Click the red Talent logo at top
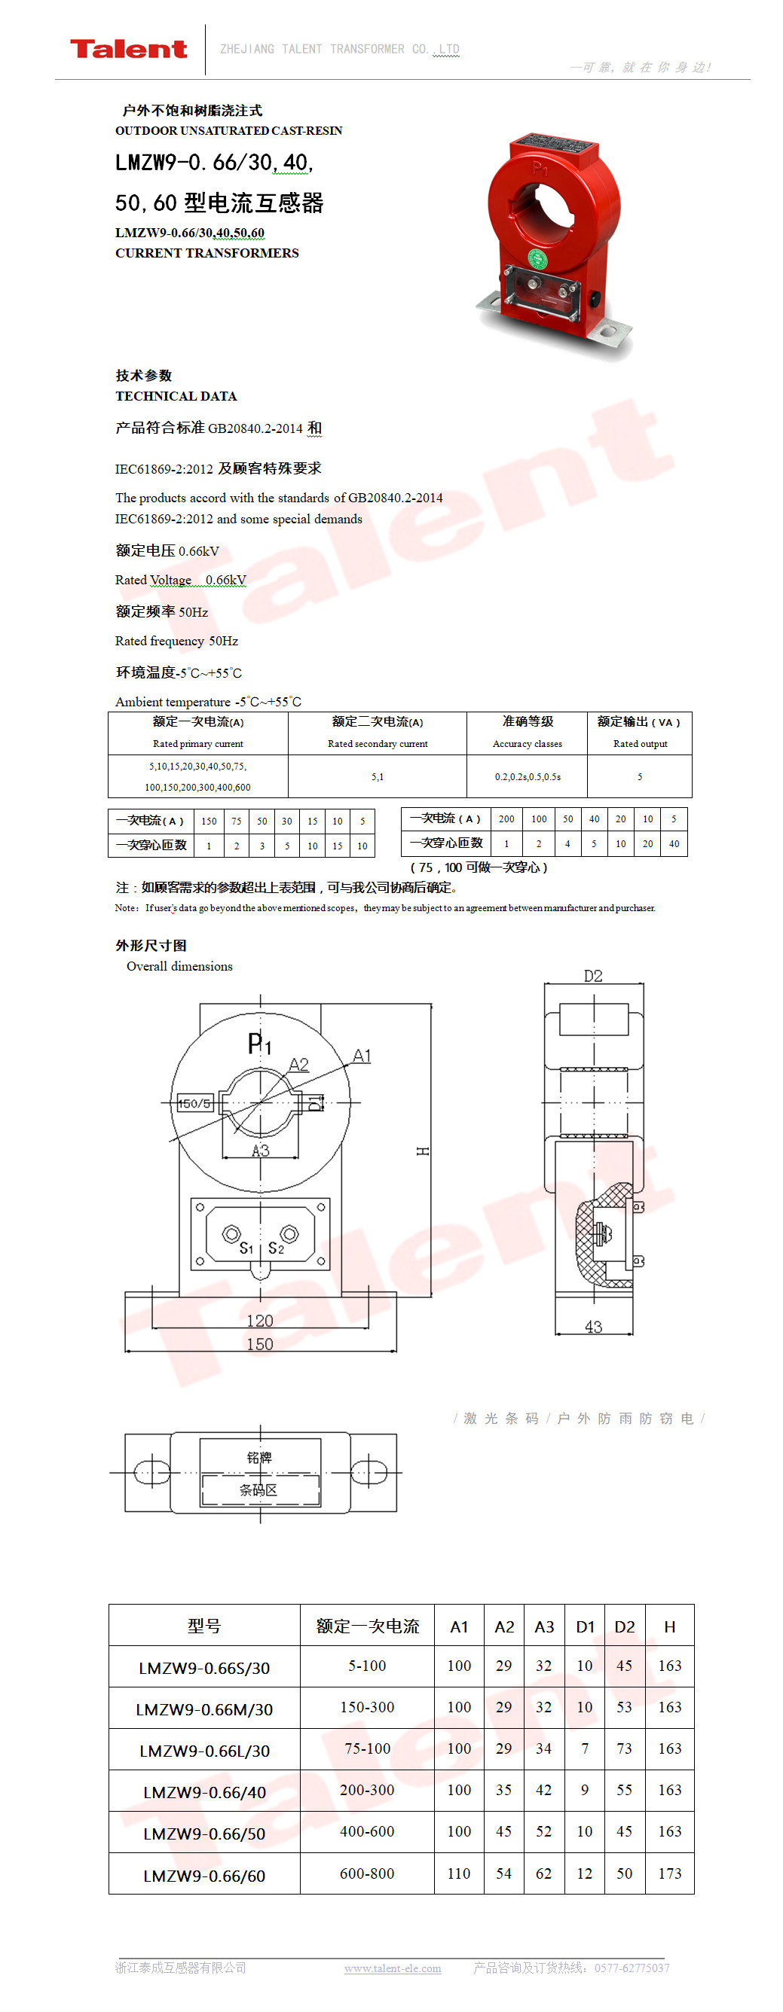[129, 49]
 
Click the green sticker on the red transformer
[537, 258]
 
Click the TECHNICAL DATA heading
[176, 396]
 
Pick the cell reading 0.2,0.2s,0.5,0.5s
[528, 776]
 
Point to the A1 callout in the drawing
[362, 1056]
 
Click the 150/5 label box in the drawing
[194, 1104]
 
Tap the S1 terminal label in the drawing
[246, 1248]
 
